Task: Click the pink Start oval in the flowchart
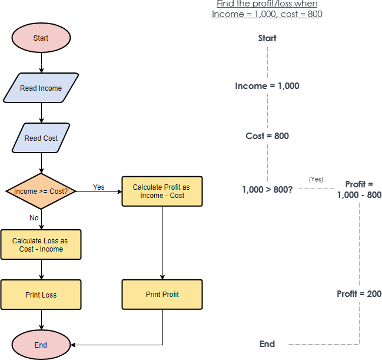[41, 38]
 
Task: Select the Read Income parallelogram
[41, 88]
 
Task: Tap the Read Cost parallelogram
[41, 138]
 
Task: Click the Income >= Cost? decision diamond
[41, 191]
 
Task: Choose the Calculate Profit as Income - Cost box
[162, 191]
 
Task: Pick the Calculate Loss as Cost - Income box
[41, 245]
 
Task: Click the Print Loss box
[41, 295]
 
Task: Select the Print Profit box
[162, 295]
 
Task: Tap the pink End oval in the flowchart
[41, 345]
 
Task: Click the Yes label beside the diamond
[98, 187]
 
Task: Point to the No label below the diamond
[34, 218]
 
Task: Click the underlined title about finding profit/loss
[267, 9]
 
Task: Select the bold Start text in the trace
[267, 38]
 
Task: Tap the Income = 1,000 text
[267, 86]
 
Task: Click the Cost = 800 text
[267, 136]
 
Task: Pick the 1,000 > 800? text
[267, 190]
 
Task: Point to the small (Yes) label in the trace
[315, 179]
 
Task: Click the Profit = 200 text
[359, 294]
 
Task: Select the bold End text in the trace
[267, 344]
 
